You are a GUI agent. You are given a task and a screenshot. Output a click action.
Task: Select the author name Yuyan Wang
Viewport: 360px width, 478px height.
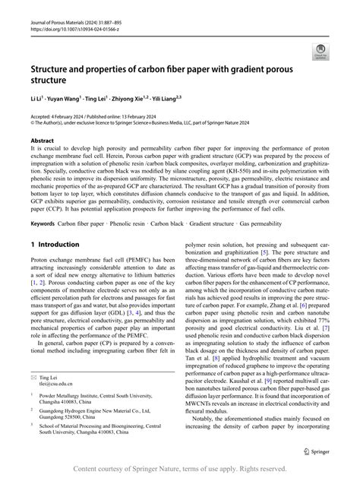pos(67,100)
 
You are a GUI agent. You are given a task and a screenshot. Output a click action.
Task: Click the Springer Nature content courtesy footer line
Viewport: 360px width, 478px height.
pos(180,469)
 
